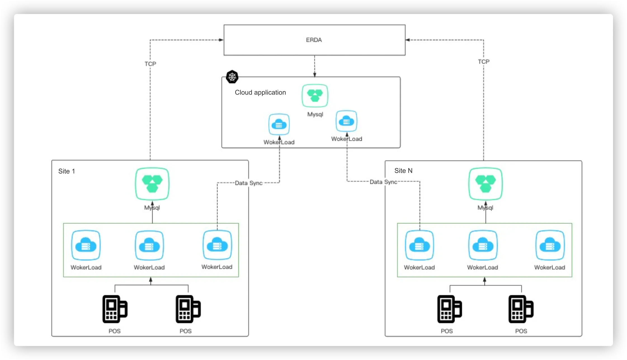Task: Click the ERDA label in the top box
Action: (314, 40)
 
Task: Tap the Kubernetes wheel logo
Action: (232, 77)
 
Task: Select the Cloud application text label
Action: (260, 93)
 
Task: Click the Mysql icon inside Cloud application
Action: (315, 96)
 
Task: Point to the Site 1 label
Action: (67, 171)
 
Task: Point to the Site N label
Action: (403, 171)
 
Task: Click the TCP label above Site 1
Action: (150, 64)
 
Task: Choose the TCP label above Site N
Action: (484, 62)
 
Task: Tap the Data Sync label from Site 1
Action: (249, 183)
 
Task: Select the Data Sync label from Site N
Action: (383, 182)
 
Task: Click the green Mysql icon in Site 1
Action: (152, 184)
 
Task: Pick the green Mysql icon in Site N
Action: (485, 184)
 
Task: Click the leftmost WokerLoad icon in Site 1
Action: (86, 245)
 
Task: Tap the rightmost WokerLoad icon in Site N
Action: (550, 245)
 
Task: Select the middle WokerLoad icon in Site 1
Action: (149, 245)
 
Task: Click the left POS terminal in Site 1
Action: (115, 309)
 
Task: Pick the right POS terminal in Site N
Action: (521, 309)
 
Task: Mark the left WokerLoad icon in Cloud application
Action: (279, 124)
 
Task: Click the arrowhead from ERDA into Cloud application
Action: (315, 75)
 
